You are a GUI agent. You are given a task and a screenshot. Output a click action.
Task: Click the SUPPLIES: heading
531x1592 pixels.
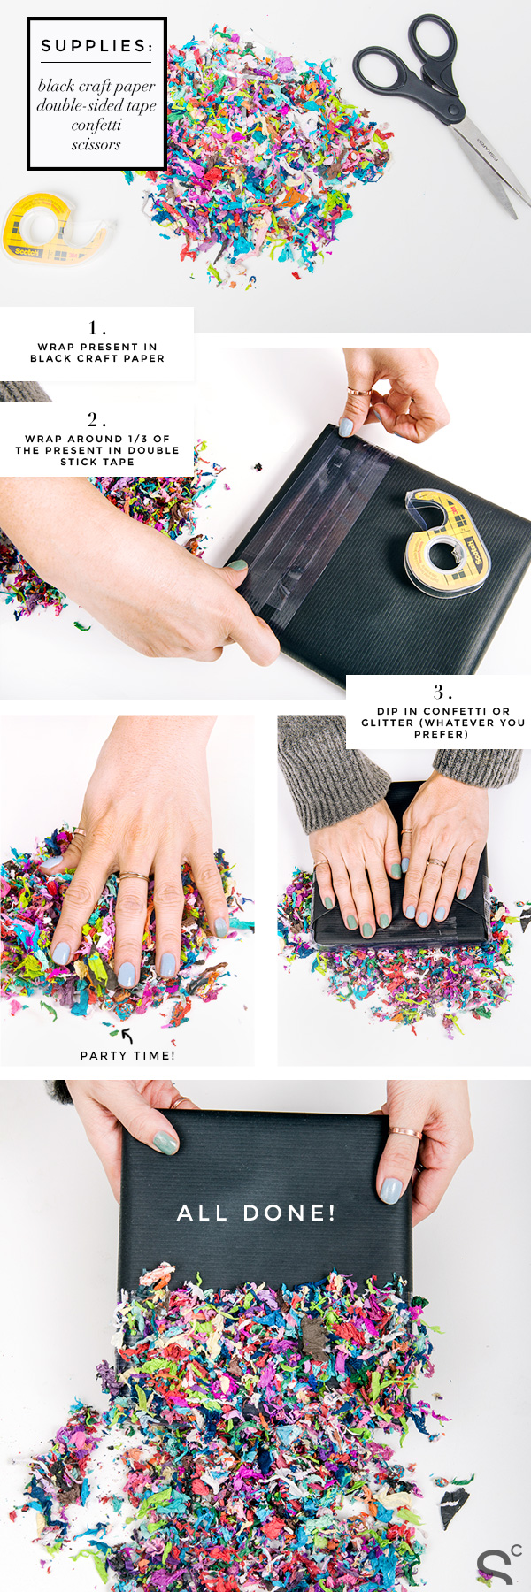[96, 46]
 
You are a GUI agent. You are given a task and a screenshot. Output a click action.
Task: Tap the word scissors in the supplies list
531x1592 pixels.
[96, 144]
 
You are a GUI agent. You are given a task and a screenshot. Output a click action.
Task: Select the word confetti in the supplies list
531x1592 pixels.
[96, 125]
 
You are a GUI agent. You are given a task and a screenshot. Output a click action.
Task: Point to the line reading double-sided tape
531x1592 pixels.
[96, 105]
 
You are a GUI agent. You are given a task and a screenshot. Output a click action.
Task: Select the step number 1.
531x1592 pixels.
[96, 328]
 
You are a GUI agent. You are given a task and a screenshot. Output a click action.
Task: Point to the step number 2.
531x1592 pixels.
[96, 419]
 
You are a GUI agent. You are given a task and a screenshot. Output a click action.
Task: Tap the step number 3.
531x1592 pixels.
[442, 692]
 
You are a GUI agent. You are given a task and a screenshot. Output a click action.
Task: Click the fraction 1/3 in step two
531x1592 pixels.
[137, 439]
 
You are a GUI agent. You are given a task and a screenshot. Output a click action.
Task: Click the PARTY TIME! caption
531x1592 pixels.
[127, 1055]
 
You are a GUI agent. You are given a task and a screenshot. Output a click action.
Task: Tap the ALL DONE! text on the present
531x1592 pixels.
[257, 1213]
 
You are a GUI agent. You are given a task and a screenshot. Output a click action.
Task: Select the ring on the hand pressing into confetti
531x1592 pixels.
[134, 876]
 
